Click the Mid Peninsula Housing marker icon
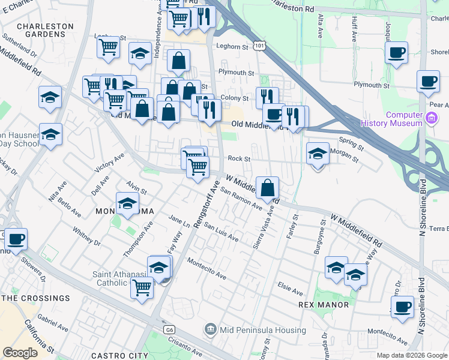tap(209, 328)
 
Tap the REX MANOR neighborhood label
tap(324, 305)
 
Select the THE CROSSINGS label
tap(35, 298)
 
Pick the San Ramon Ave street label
tap(241, 199)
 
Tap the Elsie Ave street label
tap(290, 288)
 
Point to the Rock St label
tap(238, 159)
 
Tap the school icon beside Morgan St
tap(318, 154)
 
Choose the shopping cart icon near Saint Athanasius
tap(142, 288)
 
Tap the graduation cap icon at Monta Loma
tap(127, 204)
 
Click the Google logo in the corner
tap(20, 353)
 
